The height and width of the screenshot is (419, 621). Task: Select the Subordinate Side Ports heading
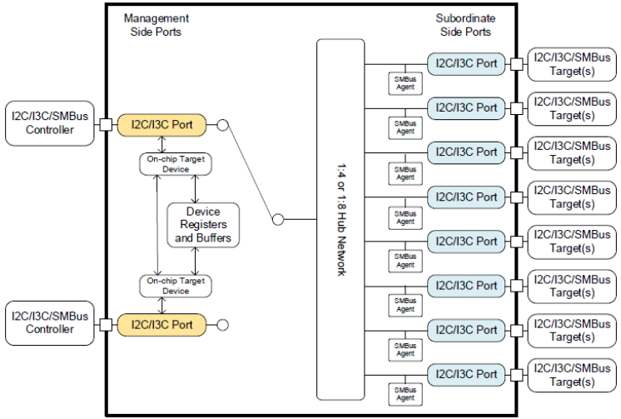point(465,25)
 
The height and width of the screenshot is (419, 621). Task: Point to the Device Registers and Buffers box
point(204,225)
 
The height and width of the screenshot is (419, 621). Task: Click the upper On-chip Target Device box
point(176,163)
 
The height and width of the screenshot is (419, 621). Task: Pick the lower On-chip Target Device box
point(176,286)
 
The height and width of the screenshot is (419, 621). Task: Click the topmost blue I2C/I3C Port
point(465,63)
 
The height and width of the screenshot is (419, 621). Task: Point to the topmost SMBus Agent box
point(405,83)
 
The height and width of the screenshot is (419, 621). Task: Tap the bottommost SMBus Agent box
point(405,394)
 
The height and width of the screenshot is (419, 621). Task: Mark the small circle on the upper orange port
point(223,126)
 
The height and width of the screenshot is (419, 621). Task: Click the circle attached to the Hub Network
point(278,220)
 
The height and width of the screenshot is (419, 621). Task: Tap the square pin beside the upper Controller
point(107,126)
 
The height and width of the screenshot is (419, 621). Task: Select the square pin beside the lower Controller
point(107,323)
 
